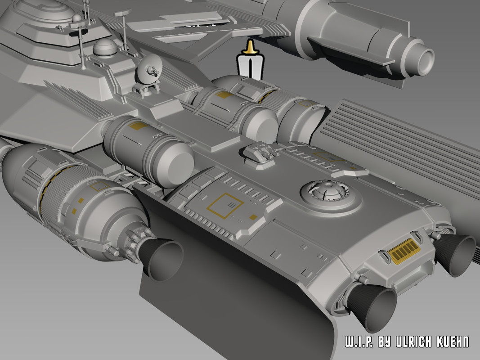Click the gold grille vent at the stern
point(404,251)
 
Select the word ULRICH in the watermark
point(419,342)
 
